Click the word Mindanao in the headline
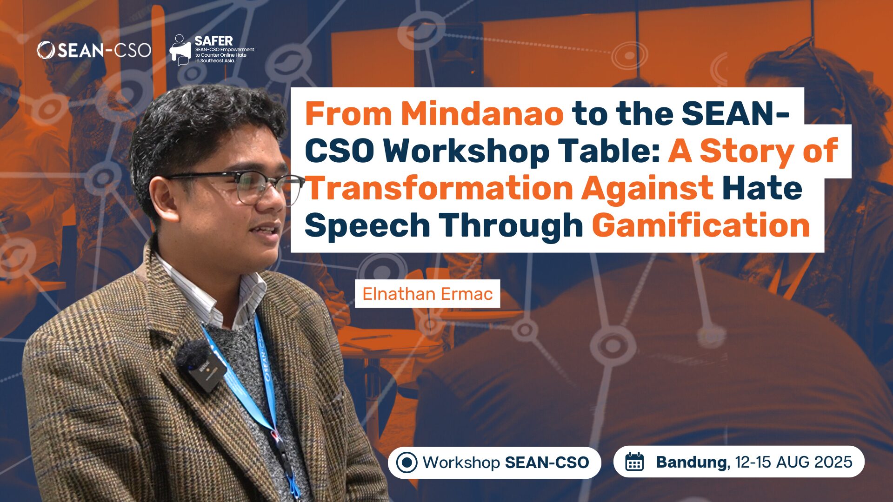pos(482,114)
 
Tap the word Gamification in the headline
pos(700,226)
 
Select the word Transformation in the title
pos(439,188)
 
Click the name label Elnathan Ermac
pos(427,294)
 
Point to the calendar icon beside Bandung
pos(634,462)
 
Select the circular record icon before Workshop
pos(407,462)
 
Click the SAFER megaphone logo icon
pos(180,50)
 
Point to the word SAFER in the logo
pos(213,41)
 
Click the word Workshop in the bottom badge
pos(461,462)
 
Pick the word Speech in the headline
pos(367,226)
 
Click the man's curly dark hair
pos(195,121)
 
